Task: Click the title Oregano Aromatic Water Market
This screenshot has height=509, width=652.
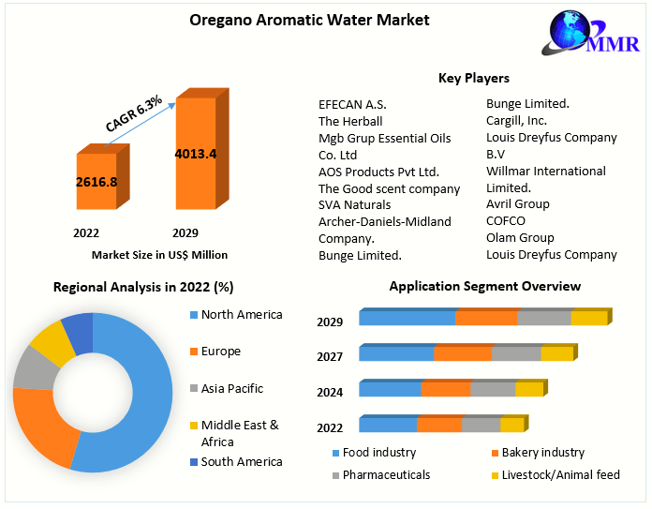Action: coord(296,19)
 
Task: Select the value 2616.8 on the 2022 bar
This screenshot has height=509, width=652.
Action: coord(96,181)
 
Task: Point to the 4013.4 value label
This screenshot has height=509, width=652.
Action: coord(196,154)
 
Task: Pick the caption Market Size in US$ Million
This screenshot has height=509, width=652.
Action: coord(159,254)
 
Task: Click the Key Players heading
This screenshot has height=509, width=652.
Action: coord(473,78)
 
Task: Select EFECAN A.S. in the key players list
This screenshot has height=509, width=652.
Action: coord(352,104)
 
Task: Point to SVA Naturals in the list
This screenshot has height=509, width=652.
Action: coord(355,204)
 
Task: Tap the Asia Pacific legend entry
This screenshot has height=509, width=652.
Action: coord(232,388)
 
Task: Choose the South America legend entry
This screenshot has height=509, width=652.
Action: coord(241,461)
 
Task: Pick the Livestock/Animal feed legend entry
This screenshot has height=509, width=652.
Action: coord(560,475)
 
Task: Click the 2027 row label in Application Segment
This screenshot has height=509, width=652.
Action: coord(330,356)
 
